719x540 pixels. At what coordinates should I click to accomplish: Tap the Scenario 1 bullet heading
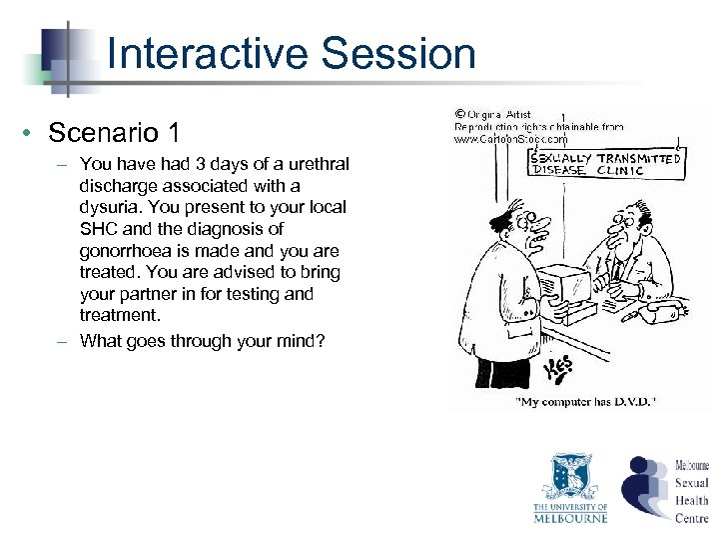[115, 132]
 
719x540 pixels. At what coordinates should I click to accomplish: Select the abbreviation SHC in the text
[97, 229]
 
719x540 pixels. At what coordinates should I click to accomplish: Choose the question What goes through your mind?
[202, 340]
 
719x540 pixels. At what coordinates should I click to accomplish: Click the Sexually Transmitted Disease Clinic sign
[604, 163]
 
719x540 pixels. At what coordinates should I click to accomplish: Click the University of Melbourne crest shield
[571, 475]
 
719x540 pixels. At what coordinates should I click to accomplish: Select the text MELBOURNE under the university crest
[570, 517]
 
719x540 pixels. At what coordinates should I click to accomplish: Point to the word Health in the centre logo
[691, 500]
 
